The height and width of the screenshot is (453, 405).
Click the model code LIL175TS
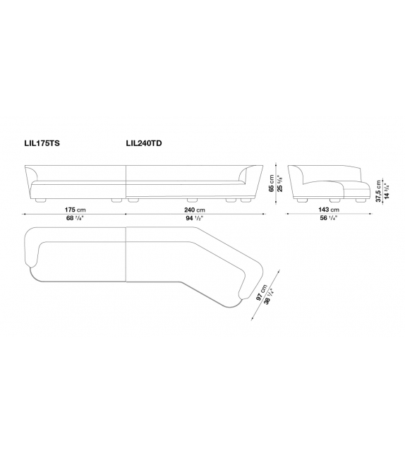42,143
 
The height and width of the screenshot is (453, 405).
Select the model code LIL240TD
144,143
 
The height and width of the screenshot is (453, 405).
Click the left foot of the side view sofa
303,200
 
